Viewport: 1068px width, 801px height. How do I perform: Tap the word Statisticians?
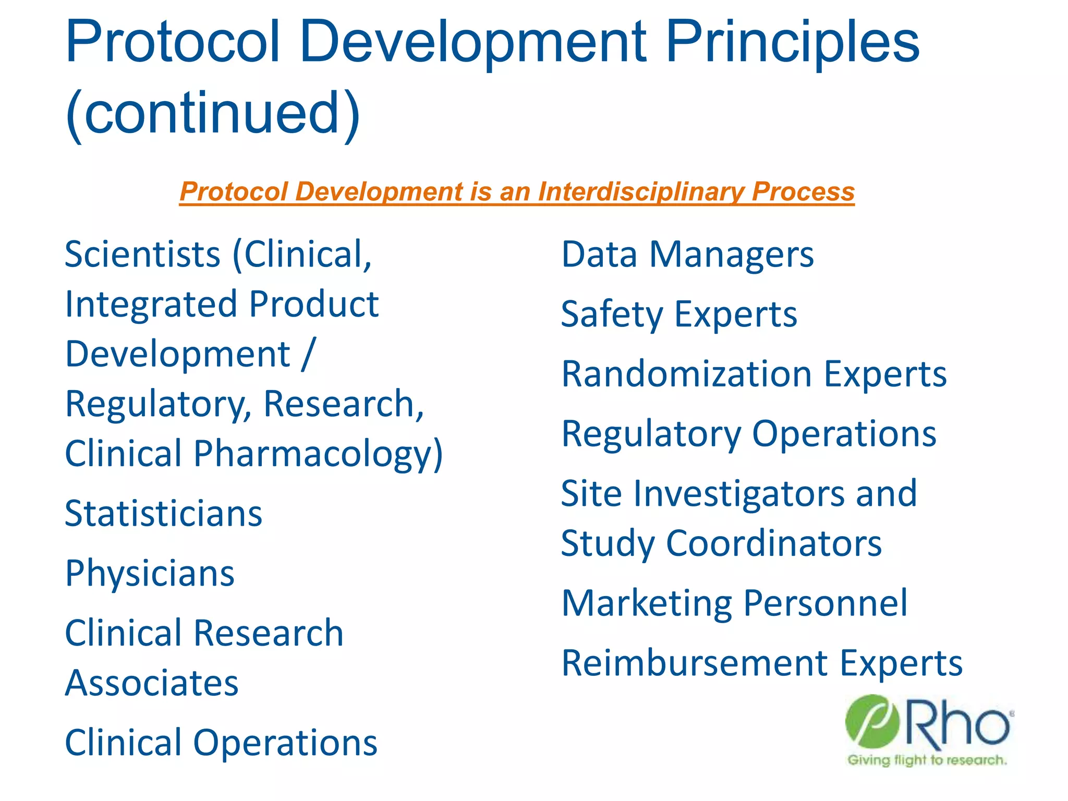click(163, 514)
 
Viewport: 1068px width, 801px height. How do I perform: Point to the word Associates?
click(152, 683)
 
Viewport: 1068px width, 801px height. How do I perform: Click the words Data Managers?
click(687, 255)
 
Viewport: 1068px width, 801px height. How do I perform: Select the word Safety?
click(612, 315)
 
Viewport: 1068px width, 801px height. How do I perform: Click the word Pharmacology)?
click(318, 454)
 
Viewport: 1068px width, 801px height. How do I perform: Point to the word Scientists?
click(143, 255)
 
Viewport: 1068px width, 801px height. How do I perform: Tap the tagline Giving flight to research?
click(927, 760)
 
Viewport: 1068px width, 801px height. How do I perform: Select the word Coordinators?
click(774, 544)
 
